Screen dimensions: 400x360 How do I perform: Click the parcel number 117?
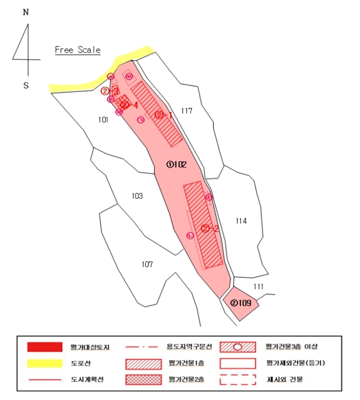(186, 110)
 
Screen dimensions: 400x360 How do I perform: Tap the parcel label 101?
(103, 119)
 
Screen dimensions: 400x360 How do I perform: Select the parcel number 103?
(137, 196)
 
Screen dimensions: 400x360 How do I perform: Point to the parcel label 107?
(147, 264)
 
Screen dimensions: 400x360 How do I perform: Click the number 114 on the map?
(241, 221)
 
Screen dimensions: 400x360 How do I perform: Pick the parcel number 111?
(258, 286)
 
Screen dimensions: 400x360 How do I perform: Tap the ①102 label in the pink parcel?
(177, 164)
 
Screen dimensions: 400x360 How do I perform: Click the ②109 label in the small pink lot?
(241, 303)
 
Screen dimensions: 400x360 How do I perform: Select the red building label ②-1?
(163, 115)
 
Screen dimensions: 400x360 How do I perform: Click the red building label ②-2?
(211, 228)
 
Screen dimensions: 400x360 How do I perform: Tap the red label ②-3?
(110, 91)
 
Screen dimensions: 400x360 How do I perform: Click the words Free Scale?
(78, 50)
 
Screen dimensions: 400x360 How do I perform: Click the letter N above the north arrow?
(26, 12)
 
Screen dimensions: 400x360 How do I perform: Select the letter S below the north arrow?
(26, 86)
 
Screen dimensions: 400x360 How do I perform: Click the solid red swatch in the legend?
(45, 347)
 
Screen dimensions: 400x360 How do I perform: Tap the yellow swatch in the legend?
(45, 363)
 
